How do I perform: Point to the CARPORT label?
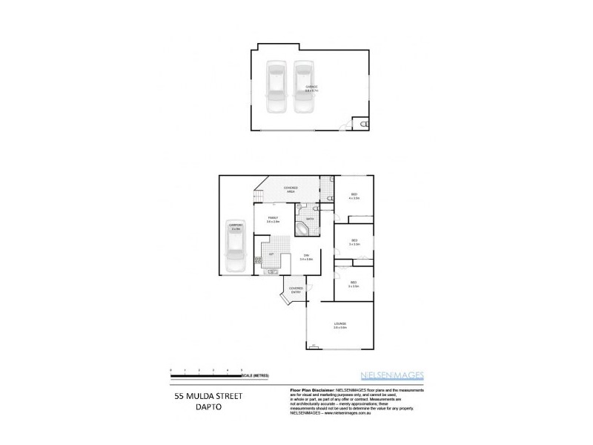click(x=236, y=227)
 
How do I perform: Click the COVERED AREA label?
click(x=291, y=189)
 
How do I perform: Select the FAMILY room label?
click(x=274, y=220)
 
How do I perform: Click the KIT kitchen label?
click(x=272, y=254)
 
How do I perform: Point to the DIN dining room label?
click(x=305, y=257)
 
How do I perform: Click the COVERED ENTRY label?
click(x=295, y=291)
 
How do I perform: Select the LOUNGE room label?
click(x=340, y=324)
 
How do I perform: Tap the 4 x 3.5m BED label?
click(x=355, y=197)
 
